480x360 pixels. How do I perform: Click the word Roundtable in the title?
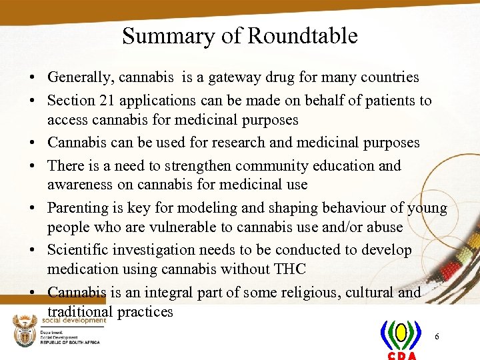coord(302,35)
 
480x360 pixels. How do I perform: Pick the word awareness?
coord(77,184)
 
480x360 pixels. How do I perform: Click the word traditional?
coord(80,312)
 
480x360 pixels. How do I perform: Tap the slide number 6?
coord(437,337)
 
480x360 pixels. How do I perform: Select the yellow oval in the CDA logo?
coord(401,332)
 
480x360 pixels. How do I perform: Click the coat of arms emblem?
coord(25,331)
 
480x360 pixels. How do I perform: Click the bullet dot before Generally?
coord(32,79)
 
